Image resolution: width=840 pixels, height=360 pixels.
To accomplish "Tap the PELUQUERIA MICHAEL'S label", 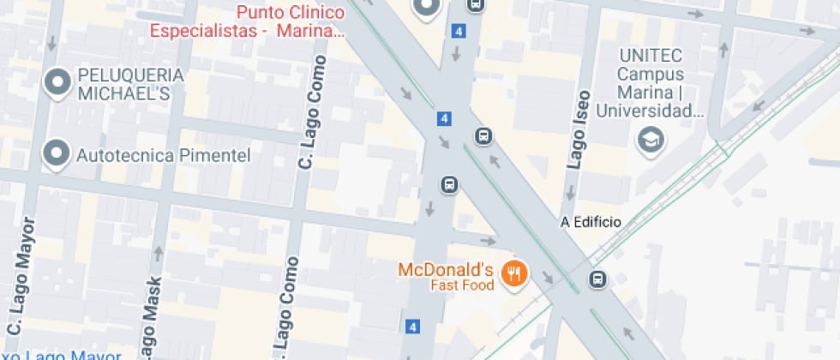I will pyautogui.click(x=130, y=84).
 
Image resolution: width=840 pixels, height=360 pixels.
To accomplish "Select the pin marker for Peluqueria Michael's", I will pyautogui.click(x=57, y=82).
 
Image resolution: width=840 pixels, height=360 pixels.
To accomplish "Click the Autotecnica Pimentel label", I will pyautogui.click(x=163, y=155).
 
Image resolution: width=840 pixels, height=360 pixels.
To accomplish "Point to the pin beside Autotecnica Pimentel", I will pyautogui.click(x=57, y=153).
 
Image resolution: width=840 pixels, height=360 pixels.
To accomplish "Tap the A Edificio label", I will pyautogui.click(x=590, y=222).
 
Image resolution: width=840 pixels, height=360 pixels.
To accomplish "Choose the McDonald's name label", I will pyautogui.click(x=446, y=269).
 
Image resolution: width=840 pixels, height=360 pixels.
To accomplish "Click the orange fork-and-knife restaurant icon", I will pyautogui.click(x=513, y=273).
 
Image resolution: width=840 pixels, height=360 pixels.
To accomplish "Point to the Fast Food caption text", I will pyautogui.click(x=462, y=285).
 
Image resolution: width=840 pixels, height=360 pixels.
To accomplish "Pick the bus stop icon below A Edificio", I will pyautogui.click(x=597, y=279).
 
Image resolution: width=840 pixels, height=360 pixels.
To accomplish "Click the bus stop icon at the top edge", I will pyautogui.click(x=475, y=4).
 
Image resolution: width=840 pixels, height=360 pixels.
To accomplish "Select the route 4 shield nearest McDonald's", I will pyautogui.click(x=413, y=327).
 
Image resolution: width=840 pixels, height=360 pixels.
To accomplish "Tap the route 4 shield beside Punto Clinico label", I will pyautogui.click(x=459, y=32).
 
